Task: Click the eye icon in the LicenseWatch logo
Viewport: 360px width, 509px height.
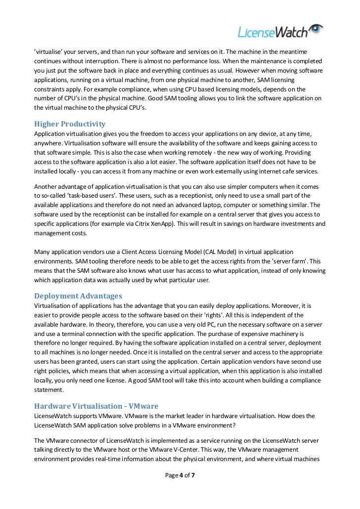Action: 315,29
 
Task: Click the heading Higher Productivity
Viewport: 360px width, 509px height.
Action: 69,124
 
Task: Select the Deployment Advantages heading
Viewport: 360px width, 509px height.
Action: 78,296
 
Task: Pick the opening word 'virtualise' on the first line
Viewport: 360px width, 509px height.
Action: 48,52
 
